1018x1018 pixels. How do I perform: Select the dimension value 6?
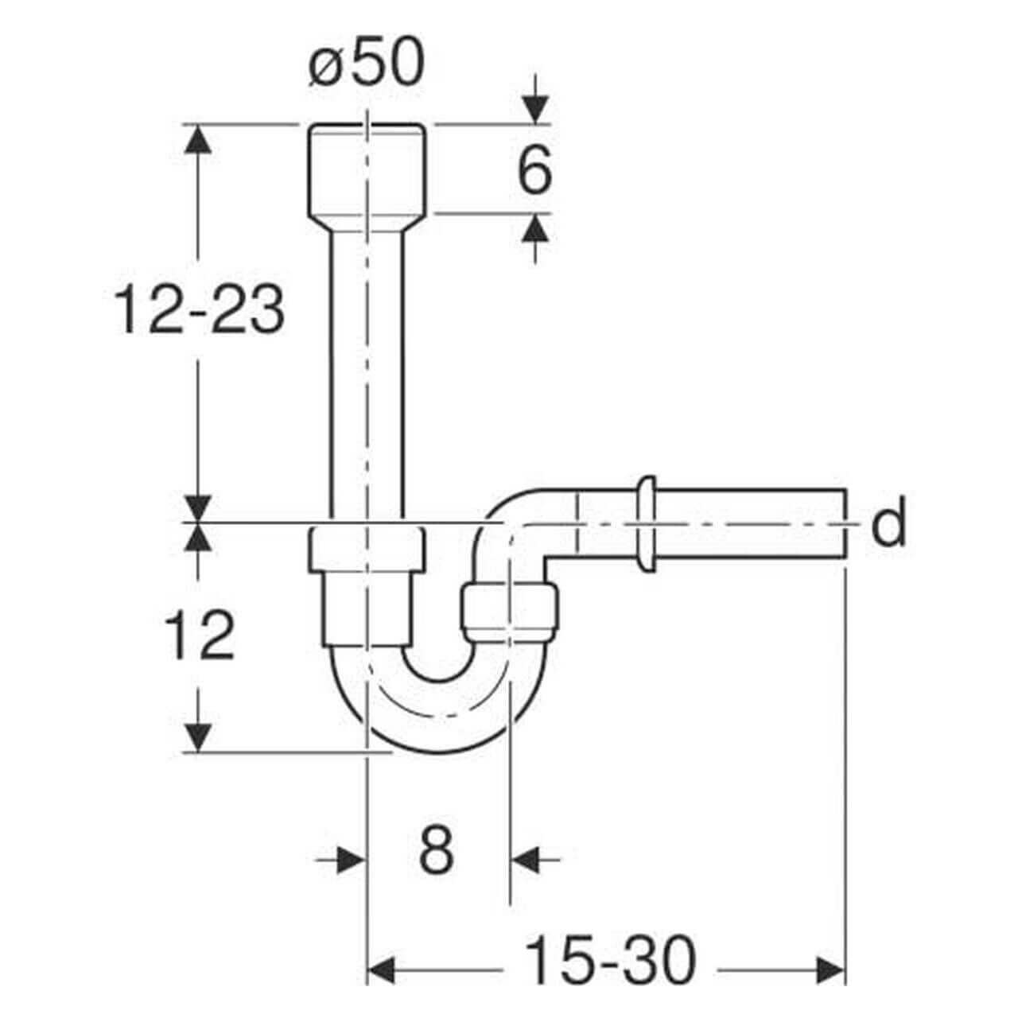(x=534, y=171)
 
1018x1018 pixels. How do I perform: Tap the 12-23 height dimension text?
(x=199, y=310)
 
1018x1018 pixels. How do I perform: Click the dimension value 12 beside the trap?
(x=199, y=636)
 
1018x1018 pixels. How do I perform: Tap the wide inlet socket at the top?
(x=367, y=169)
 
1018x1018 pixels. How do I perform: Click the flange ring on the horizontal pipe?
(x=646, y=523)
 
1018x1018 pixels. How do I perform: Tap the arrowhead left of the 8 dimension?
(x=352, y=859)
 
